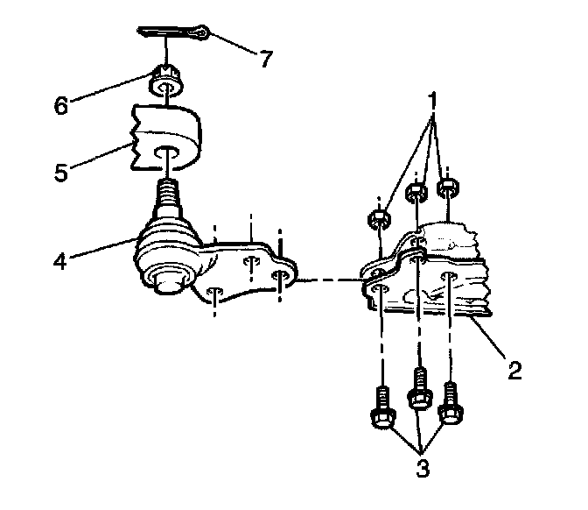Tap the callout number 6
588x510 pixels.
[60, 105]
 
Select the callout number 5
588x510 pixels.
[60, 171]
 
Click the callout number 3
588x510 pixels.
[423, 468]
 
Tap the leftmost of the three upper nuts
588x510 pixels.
[378, 219]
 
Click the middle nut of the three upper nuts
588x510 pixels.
[419, 192]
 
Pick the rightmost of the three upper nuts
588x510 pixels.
[448, 188]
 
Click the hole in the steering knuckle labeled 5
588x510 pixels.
[167, 156]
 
